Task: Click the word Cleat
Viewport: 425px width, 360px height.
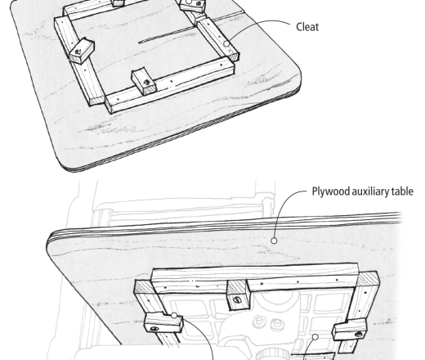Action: tap(307, 27)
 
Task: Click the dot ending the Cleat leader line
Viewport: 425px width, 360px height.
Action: tap(226, 43)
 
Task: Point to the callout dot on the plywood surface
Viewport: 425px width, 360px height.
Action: tap(274, 241)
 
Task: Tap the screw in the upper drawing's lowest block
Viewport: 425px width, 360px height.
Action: tap(146, 82)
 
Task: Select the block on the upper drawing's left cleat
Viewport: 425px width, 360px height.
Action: tap(82, 51)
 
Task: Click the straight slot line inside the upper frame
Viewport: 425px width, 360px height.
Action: tap(167, 35)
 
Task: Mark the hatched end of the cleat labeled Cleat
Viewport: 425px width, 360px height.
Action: tap(233, 57)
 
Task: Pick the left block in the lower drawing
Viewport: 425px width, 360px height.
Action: tap(163, 322)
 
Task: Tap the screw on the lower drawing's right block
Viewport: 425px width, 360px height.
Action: tap(359, 334)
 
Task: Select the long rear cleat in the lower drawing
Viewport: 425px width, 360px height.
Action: tap(254, 278)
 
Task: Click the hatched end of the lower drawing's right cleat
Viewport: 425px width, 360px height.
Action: tap(367, 278)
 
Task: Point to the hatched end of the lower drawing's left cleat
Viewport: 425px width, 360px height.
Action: tap(145, 287)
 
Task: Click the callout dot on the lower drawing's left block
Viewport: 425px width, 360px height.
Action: tap(174, 316)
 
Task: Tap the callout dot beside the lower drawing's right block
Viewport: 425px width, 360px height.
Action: tap(315, 337)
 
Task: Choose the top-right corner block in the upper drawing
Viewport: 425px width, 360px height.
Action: tap(192, 6)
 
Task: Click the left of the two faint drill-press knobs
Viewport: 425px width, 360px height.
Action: tap(257, 321)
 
